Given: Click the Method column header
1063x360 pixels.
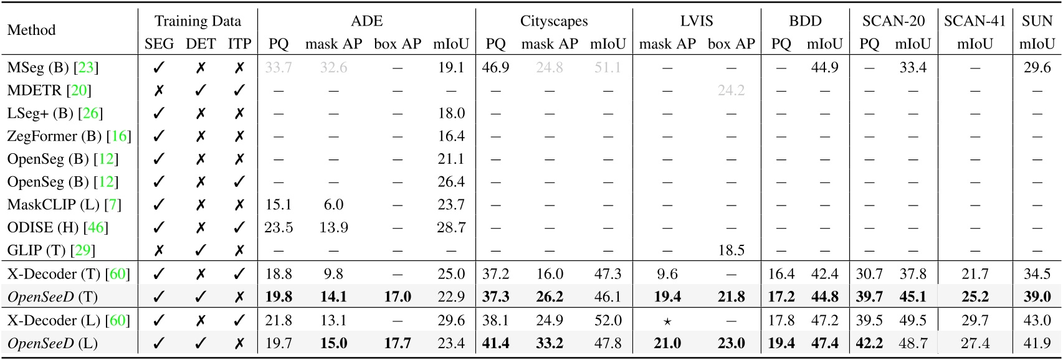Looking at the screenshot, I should coord(31,30).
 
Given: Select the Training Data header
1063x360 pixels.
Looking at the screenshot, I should coord(198,21).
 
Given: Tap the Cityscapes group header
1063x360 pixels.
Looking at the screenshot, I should coord(553,21).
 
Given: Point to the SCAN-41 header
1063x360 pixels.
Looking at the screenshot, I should coord(975,21).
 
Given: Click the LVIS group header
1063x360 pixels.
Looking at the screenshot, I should coord(696,21).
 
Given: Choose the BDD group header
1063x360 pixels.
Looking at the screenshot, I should coord(805,21).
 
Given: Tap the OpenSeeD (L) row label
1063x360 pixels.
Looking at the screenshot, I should coord(52,343).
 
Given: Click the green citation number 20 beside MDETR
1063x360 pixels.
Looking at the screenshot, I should coord(79,90).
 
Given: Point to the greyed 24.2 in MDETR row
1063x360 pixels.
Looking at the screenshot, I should coord(731,90).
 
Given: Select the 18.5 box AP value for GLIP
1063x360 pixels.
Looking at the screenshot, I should coord(731,250).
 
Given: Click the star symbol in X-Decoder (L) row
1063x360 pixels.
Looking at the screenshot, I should coord(667,321).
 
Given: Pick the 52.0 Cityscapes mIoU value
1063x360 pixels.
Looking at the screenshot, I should coord(608,320).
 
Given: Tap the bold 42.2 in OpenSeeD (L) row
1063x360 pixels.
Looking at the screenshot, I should coord(869,343).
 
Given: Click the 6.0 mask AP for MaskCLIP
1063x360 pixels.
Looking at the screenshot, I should coord(333,204).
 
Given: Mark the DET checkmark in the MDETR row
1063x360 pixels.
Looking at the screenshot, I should coord(200,90).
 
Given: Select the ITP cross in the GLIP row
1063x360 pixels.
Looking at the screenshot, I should coord(239,250).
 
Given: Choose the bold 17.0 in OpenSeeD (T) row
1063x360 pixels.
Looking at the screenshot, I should coord(398,296).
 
